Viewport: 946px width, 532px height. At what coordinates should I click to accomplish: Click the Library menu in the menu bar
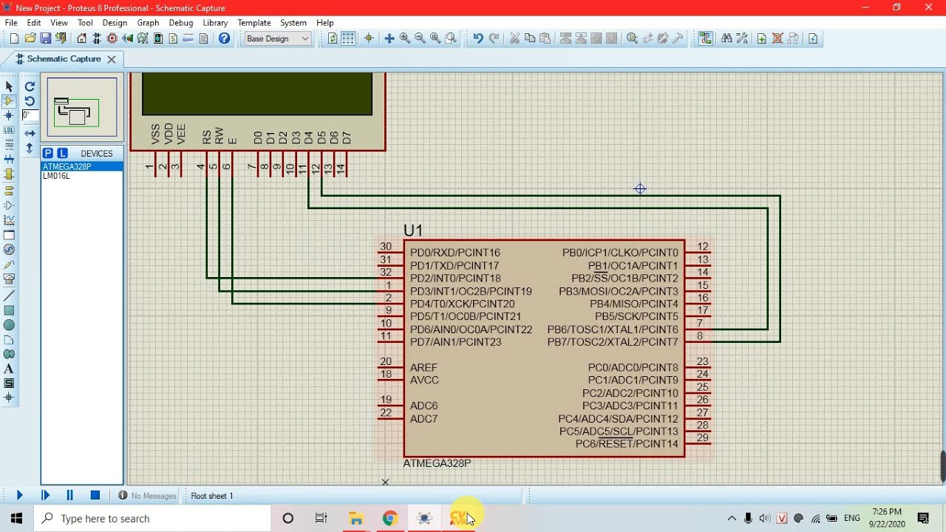click(215, 23)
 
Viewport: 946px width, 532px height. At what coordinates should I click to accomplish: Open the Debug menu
click(180, 23)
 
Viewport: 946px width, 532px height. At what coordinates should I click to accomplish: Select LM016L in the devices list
click(56, 177)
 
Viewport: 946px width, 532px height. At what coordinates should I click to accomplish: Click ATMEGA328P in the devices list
click(67, 167)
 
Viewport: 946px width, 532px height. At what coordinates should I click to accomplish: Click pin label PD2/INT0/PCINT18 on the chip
click(455, 279)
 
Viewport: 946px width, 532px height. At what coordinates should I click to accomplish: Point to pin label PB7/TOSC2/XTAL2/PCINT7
click(612, 342)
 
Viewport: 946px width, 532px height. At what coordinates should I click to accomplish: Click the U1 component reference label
click(413, 231)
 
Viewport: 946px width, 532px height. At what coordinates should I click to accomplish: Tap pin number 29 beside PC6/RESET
click(702, 438)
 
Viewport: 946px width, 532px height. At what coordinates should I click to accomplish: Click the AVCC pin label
click(424, 381)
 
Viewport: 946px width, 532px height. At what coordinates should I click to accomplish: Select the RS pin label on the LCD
click(207, 137)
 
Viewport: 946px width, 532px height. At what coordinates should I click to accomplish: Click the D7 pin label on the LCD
click(347, 138)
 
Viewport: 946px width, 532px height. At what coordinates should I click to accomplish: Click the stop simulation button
click(95, 496)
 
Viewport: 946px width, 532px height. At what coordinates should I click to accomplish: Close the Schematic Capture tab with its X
click(112, 59)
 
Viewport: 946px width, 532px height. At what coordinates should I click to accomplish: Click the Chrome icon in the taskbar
click(390, 519)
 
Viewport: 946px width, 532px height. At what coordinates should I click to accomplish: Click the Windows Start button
click(16, 519)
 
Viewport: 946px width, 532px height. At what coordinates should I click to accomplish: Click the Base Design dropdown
click(278, 38)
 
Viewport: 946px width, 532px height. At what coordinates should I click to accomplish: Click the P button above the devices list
click(48, 153)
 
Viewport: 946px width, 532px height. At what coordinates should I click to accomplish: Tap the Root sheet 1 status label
click(212, 496)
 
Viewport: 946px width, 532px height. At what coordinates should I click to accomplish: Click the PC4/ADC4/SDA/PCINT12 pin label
click(618, 419)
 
